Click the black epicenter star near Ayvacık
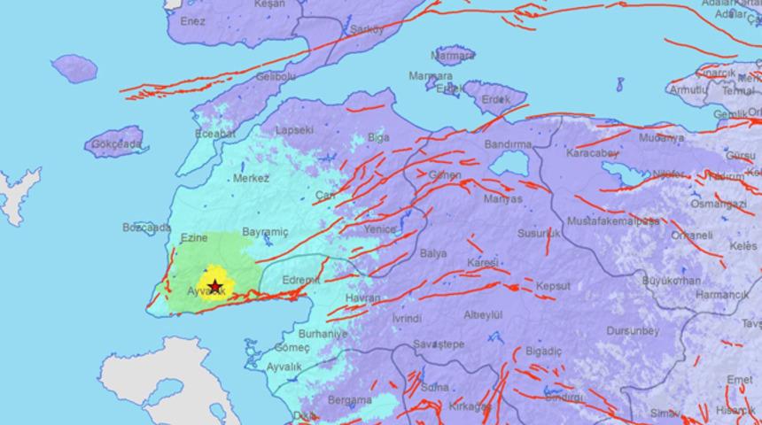[214, 285]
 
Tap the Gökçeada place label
[114, 143]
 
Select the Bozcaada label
[146, 228]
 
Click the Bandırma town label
[508, 144]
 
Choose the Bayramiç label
[265, 231]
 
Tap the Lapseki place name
[295, 129]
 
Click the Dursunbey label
[633, 330]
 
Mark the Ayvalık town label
[284, 367]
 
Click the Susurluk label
[540, 233]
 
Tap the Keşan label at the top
[269, 4]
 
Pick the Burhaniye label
[322, 334]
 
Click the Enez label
[192, 20]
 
